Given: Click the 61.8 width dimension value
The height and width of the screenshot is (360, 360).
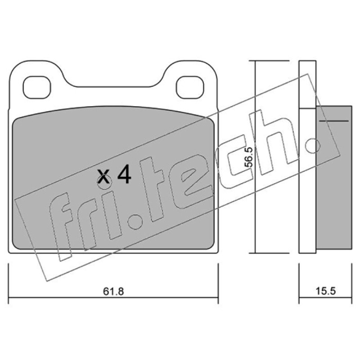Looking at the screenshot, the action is click(113, 291).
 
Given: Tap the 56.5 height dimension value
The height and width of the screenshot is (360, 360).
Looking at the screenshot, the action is click(248, 157).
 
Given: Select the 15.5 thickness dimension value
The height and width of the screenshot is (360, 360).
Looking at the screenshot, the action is click(325, 291).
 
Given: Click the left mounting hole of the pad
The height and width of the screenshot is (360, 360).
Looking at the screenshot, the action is click(37, 87).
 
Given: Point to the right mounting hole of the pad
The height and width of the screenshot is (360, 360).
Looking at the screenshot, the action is click(190, 87).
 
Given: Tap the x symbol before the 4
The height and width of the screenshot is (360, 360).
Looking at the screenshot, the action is click(103, 176).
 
